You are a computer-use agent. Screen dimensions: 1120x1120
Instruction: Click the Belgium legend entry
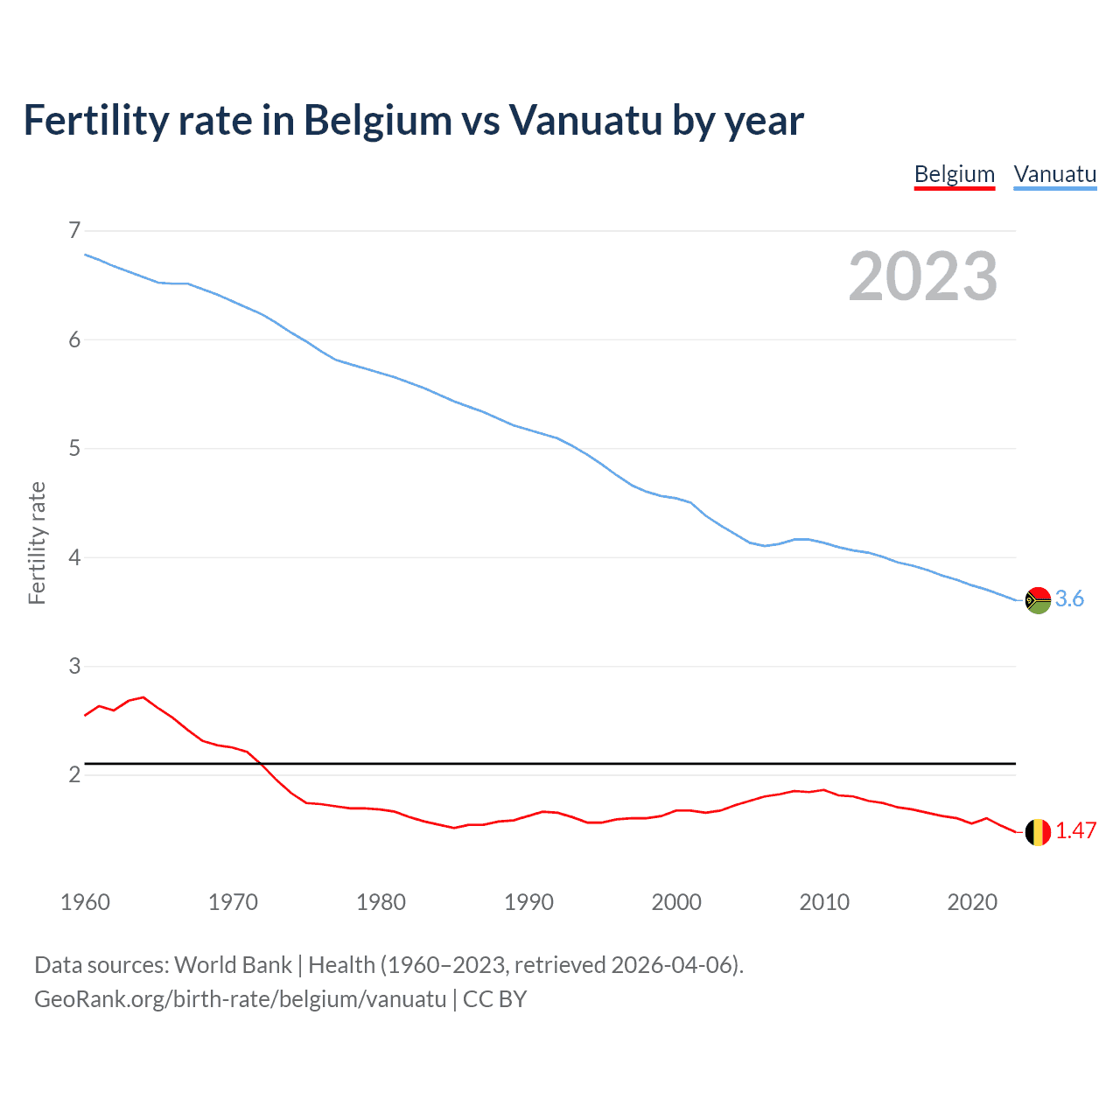pos(954,174)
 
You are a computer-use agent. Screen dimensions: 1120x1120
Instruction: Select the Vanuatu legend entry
pos(1054,174)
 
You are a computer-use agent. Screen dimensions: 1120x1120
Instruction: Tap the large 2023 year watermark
pos(922,276)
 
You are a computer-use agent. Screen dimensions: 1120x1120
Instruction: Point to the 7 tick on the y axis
pos(74,230)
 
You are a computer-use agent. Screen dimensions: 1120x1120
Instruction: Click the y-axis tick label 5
pos(74,448)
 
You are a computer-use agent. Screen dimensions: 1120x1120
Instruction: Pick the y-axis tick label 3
pos(74,666)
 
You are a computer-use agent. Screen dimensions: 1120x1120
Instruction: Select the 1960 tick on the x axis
pos(85,902)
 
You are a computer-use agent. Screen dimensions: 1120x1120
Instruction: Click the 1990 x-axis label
pos(528,902)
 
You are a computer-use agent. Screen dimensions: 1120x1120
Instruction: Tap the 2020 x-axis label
pos(972,902)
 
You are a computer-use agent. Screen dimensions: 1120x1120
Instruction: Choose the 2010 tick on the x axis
pos(824,902)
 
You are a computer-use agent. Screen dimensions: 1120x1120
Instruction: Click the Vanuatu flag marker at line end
pos(1038,600)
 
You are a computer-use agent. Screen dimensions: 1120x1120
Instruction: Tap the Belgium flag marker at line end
pos(1038,832)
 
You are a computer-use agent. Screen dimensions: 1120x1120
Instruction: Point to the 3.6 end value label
pos(1069,598)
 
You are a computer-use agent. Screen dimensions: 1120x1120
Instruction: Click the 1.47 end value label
pos(1075,830)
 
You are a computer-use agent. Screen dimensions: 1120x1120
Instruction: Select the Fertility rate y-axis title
pos(37,542)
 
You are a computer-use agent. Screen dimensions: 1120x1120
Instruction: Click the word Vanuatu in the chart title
pos(585,120)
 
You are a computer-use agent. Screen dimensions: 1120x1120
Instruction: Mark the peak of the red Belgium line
pos(143,697)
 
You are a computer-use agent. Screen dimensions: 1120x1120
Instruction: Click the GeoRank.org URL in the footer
pos(240,999)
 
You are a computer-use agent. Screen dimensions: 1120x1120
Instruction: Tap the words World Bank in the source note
pos(233,964)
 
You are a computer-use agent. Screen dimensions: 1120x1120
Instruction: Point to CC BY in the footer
pos(494,999)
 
